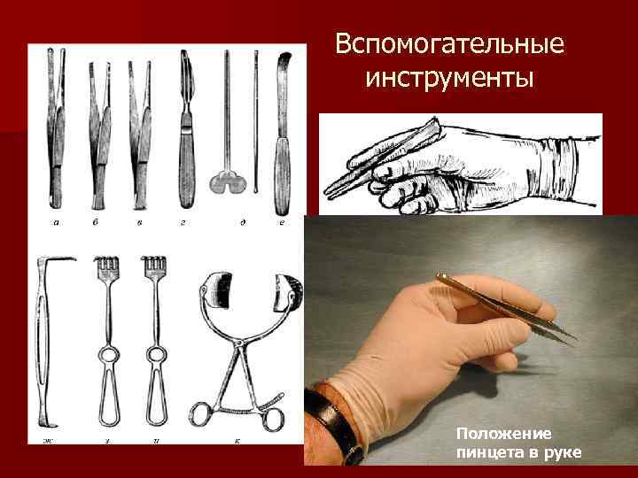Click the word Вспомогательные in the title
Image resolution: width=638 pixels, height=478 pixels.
pos(449,43)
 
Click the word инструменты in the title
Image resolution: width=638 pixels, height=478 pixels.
pos(449,79)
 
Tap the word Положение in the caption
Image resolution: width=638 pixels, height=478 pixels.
pos(503,434)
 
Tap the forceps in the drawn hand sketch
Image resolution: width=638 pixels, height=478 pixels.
pos(381,159)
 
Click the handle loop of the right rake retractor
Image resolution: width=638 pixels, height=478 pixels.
pos(156,398)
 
